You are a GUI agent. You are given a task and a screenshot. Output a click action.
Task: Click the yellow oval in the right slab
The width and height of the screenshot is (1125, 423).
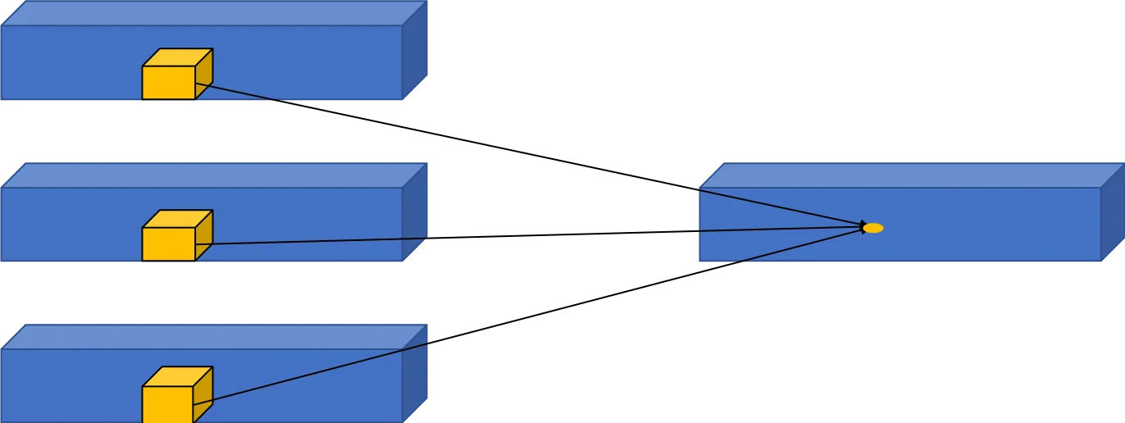click(874, 228)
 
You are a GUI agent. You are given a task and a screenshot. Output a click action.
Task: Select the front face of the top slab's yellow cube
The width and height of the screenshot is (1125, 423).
click(169, 83)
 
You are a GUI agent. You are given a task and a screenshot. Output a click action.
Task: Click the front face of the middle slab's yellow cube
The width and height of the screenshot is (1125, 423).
click(169, 244)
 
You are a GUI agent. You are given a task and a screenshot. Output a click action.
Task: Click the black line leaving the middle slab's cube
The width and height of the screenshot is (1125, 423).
click(320, 240)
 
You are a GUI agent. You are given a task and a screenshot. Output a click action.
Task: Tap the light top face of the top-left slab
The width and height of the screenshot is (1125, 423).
click(213, 13)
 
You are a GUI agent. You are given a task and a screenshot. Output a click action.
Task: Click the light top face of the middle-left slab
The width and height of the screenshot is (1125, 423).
click(213, 175)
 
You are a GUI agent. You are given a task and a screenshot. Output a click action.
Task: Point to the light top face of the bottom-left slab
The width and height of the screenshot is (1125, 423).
click(213, 336)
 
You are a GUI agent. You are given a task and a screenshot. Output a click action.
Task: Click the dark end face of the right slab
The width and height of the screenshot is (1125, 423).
click(1111, 213)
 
